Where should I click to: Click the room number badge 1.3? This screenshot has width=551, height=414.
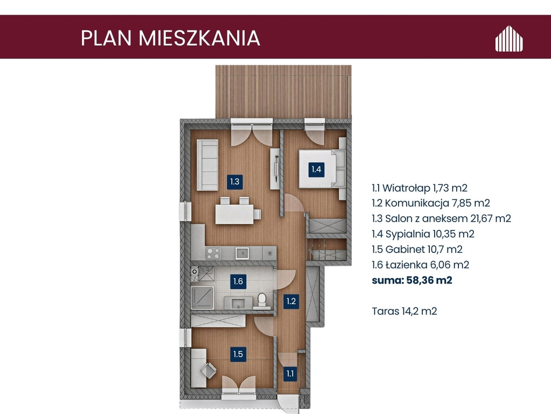(x=235, y=182)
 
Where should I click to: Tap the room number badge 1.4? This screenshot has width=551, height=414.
(x=316, y=170)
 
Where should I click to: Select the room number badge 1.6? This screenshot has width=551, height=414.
(x=238, y=281)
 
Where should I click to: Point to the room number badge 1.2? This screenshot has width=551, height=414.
(x=291, y=301)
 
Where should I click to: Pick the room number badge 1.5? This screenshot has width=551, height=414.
(x=238, y=354)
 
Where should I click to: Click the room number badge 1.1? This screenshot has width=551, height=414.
(x=290, y=374)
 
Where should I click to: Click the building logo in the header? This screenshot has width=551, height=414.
(x=509, y=38)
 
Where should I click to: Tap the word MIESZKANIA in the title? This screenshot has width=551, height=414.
(x=199, y=38)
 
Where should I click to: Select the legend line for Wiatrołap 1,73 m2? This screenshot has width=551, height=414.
(x=420, y=188)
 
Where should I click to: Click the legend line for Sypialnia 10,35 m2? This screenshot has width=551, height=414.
(x=423, y=234)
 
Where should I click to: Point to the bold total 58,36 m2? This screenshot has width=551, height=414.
(x=429, y=280)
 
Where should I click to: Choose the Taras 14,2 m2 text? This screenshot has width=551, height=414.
(x=404, y=311)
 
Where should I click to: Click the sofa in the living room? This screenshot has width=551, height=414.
(x=207, y=165)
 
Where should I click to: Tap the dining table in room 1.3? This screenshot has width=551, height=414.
(x=234, y=214)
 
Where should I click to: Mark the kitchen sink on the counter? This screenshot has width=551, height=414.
(x=242, y=253)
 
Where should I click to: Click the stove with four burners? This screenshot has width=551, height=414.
(x=213, y=253)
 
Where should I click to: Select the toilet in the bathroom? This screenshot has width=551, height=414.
(x=262, y=300)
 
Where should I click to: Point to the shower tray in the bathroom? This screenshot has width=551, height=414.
(x=203, y=298)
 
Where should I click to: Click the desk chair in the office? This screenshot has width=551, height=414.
(x=209, y=370)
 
